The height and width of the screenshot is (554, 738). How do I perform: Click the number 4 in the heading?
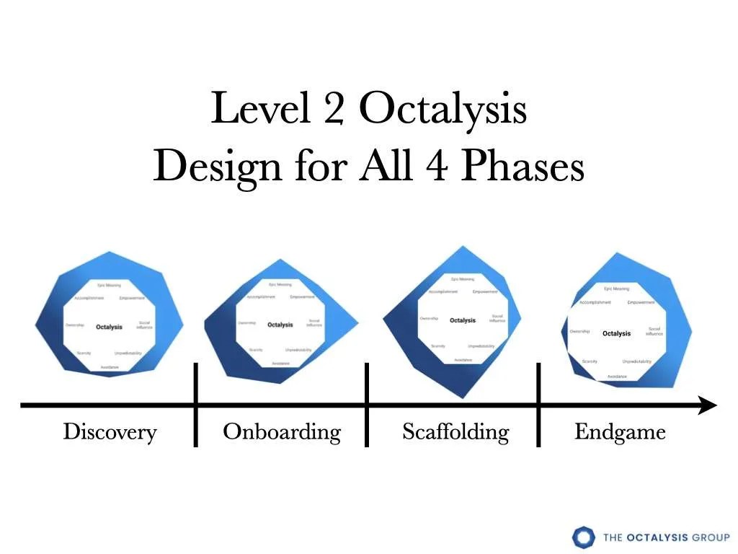click(x=439, y=167)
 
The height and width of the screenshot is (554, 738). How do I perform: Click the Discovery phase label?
click(x=110, y=432)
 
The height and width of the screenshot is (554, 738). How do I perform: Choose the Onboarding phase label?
click(x=282, y=432)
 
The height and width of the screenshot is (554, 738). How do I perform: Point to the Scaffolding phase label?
click(x=455, y=432)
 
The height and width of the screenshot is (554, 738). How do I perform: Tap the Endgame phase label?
click(x=620, y=432)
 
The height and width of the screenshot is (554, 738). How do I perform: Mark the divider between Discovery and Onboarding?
click(x=196, y=405)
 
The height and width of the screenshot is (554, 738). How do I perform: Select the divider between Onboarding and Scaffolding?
click(x=367, y=405)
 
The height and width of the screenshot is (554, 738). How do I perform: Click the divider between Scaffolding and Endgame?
click(x=538, y=405)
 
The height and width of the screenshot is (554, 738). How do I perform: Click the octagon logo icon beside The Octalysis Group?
click(x=584, y=537)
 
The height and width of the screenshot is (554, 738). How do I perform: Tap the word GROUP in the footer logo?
click(x=709, y=537)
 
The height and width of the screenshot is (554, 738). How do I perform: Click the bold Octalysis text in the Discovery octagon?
click(x=109, y=327)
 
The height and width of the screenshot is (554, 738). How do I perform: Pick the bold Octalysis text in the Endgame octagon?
click(x=616, y=333)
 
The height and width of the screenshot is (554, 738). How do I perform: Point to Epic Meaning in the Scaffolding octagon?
click(x=463, y=278)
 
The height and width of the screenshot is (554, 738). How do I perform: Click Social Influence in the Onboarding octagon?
click(x=314, y=323)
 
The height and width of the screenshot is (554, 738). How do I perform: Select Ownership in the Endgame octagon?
click(x=579, y=332)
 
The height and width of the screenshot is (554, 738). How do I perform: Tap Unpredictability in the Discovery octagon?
click(x=128, y=353)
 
